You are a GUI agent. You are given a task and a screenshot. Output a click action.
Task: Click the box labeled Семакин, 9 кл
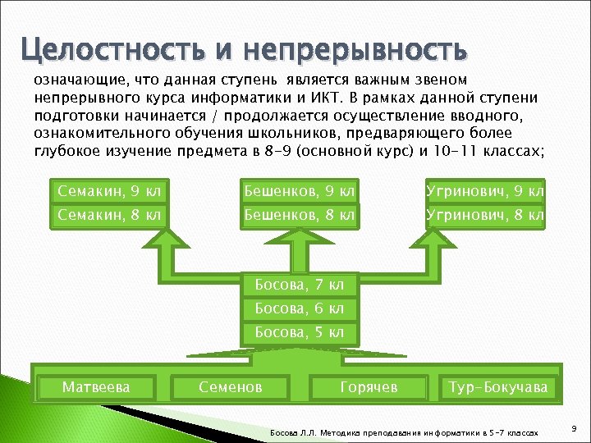click(108, 192)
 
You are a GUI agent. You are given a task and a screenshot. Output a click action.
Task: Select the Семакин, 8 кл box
click(108, 216)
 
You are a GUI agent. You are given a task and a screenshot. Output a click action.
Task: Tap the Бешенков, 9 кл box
click(300, 192)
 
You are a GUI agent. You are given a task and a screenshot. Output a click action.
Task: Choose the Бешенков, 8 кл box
click(300, 216)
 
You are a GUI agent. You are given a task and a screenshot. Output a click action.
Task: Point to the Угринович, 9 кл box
click(484, 192)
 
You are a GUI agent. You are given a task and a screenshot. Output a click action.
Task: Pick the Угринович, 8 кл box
click(484, 216)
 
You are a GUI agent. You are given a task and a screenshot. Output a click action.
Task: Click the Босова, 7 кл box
click(300, 285)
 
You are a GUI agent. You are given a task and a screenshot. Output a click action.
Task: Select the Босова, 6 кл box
click(300, 308)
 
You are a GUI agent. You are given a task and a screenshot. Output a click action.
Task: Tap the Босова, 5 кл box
click(300, 332)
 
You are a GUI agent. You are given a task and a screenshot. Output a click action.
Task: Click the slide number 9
click(573, 428)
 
